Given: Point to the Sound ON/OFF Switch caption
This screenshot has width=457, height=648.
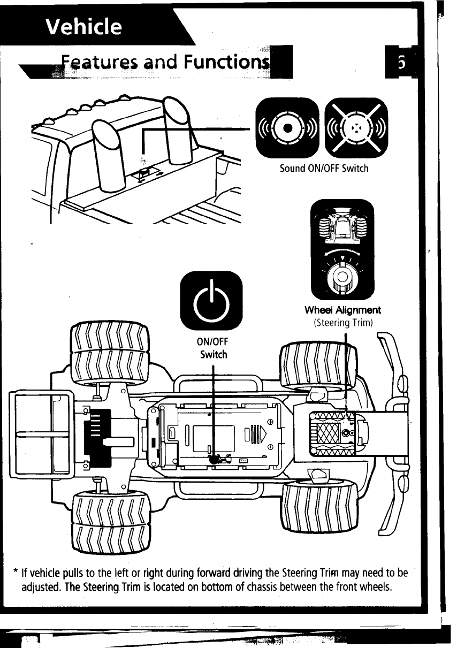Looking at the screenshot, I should (x=324, y=169).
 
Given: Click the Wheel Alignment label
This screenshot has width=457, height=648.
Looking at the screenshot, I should (x=342, y=310).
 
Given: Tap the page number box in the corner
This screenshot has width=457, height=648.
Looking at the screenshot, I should (x=401, y=63).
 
